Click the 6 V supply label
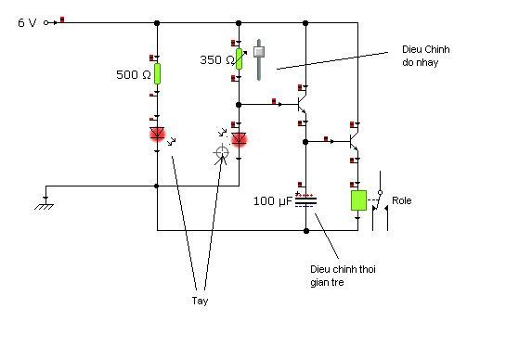(x=27, y=22)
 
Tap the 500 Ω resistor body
(x=157, y=74)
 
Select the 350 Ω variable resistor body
(x=239, y=59)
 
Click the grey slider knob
(x=259, y=52)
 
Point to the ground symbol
(x=45, y=204)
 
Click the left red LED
(x=158, y=134)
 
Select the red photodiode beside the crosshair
(x=240, y=139)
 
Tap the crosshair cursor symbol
(x=222, y=152)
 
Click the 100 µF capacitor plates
(x=306, y=201)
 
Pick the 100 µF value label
(x=273, y=201)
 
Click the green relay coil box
(x=358, y=200)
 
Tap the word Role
(x=401, y=200)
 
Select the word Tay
(x=200, y=301)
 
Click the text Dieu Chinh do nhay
(x=425, y=56)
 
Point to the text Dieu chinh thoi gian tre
(x=343, y=276)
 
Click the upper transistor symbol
(x=302, y=104)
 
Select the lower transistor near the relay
(x=354, y=141)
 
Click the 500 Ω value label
(x=134, y=75)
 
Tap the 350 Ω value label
(x=217, y=59)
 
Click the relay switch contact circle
(x=380, y=193)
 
